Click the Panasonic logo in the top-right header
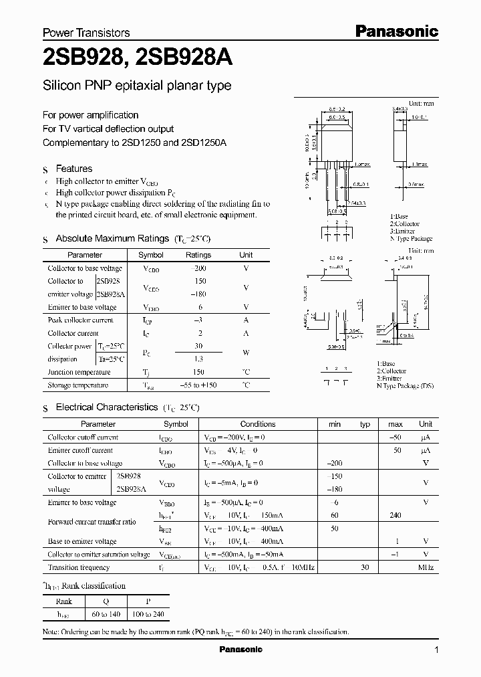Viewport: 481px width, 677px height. point(395,31)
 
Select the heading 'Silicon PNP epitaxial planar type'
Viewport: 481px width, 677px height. point(137,86)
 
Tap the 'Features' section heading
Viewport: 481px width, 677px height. point(73,169)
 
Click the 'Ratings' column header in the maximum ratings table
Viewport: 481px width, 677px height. point(198,255)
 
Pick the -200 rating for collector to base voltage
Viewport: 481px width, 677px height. point(199,268)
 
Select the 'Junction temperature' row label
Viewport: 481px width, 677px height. point(79,372)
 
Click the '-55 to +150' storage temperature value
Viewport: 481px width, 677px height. point(199,385)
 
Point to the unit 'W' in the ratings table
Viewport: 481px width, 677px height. point(246,353)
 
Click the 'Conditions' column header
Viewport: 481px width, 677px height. point(257,424)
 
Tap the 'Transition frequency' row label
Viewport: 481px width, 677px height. point(77,567)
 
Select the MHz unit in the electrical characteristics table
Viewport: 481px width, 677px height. point(426,567)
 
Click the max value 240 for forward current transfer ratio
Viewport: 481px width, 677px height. point(396,516)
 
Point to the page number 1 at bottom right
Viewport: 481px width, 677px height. point(436,650)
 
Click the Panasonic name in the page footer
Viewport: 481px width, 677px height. point(241,650)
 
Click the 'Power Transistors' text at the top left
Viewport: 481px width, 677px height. point(86,32)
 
